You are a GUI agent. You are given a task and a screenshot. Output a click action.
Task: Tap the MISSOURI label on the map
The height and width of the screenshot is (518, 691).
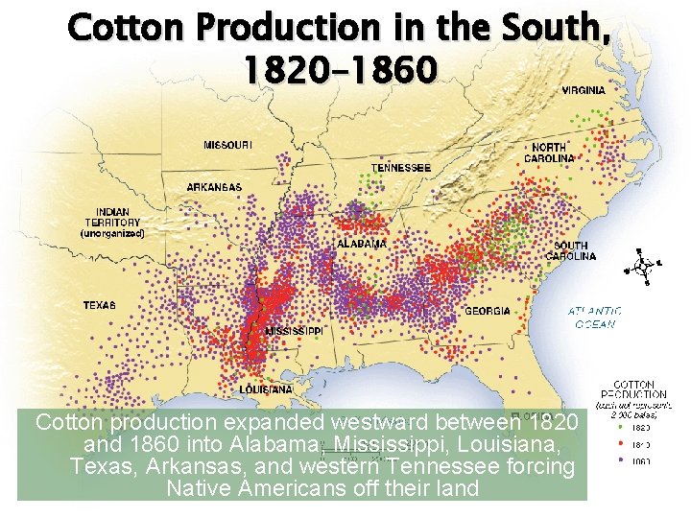coord(228,146)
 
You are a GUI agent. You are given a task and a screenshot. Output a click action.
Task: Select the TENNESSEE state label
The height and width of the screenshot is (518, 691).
coord(401,168)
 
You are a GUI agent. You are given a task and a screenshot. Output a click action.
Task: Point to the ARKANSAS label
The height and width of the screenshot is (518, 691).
coord(214,187)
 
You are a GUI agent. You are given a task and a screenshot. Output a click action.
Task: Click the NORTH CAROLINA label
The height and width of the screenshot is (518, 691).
coord(549,153)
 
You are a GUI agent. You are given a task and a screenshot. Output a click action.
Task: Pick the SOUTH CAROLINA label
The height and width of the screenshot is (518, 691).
coord(571,251)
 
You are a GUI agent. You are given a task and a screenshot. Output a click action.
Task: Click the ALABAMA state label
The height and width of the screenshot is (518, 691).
coord(362,245)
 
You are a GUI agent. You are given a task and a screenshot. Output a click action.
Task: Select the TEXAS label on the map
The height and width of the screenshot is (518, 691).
coord(100,305)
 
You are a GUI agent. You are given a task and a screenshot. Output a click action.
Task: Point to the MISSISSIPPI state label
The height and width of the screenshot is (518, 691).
coord(294,330)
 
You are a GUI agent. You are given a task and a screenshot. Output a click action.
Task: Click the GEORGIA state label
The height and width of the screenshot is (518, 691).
coord(488,311)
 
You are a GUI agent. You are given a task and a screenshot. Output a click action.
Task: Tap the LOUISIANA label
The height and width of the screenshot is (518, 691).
coord(266,390)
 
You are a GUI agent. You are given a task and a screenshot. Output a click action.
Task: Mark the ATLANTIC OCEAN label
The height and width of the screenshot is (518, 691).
coord(594,318)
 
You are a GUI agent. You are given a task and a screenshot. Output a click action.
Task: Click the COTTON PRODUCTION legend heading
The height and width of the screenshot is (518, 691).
coord(633,388)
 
